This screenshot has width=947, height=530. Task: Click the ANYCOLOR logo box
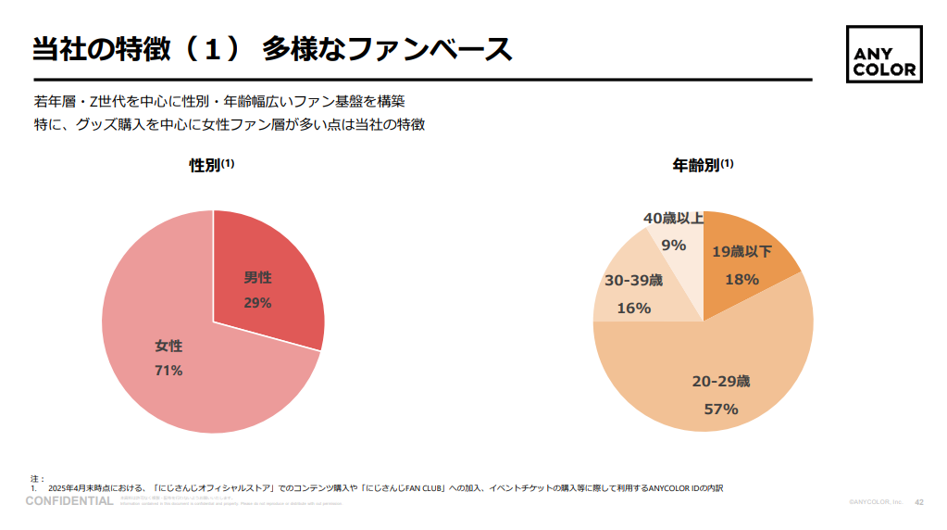pos(883,54)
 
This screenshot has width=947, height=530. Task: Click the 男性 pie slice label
pos(257,277)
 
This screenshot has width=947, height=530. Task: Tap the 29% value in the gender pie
pos(257,302)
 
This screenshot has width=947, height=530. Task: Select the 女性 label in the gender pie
pos(168,346)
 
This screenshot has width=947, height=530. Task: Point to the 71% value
pos(168,371)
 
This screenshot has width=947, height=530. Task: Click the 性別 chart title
pos(206,165)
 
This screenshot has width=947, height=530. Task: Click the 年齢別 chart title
pos(696,165)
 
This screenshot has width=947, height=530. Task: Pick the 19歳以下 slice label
pos(741,252)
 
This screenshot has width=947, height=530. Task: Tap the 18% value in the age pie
pos(741,279)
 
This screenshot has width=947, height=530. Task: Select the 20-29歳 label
pos(721,381)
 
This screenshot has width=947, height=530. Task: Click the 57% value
pos(721,409)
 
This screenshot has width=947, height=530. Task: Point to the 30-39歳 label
pos(634,280)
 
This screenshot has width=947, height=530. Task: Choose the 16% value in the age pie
pos(634,308)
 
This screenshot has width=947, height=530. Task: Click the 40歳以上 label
pos(673,219)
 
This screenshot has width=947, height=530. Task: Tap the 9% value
pos(673,246)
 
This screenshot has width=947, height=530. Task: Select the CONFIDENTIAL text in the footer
pos(69,501)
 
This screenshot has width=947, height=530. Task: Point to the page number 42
pos(919,501)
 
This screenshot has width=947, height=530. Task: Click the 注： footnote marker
pos(36,478)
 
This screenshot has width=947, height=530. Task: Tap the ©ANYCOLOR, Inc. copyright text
pos(875,501)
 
